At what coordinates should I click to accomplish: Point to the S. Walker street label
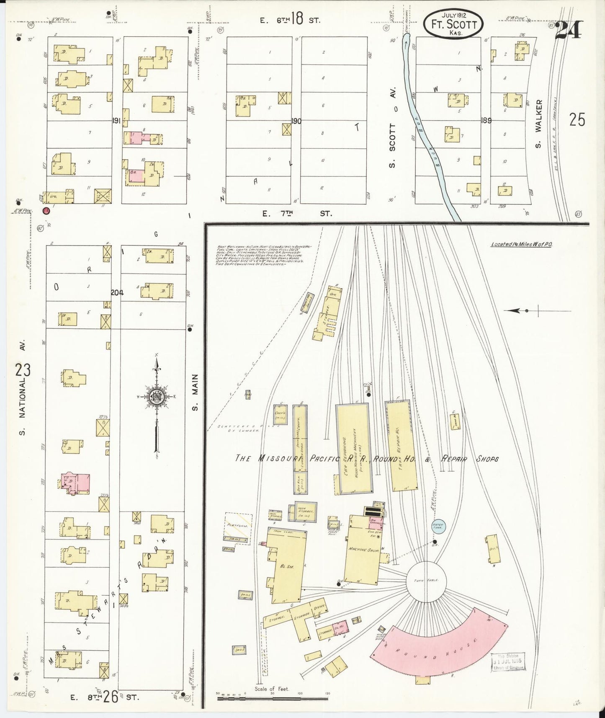coord(538,124)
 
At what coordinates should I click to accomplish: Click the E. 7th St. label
coord(296,214)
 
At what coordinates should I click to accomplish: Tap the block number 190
coord(296,121)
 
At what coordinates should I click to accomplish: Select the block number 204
coord(117,293)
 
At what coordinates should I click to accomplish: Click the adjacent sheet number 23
coord(23,371)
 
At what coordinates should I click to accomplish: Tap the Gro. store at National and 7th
coord(59,196)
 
